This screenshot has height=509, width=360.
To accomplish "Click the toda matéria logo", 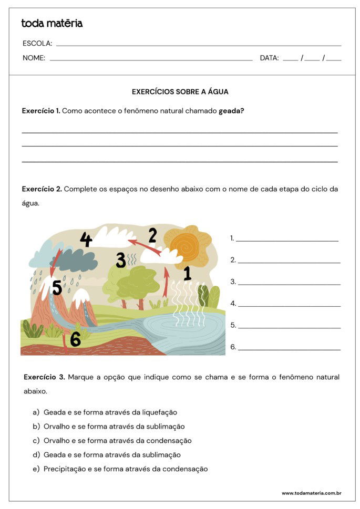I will (52, 23).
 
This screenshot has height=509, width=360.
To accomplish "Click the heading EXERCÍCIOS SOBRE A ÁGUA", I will (180, 91).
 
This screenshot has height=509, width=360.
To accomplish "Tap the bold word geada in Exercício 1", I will (231, 111).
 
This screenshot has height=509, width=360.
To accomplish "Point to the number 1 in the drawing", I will (187, 273).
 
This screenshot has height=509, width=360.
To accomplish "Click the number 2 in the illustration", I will (152, 235).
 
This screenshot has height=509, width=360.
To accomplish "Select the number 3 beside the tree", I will (121, 260).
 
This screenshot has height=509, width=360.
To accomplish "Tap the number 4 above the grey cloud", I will (86, 240).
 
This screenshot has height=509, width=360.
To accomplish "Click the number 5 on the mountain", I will (57, 288).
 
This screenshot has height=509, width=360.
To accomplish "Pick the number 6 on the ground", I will (76, 339).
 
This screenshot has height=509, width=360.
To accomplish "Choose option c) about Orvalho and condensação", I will (117, 441).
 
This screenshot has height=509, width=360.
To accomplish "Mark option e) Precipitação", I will (126, 469).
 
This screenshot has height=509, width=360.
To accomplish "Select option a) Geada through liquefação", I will (110, 412).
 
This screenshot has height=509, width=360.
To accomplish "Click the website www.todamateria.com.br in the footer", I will (312, 493).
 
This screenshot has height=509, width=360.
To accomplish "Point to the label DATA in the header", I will (269, 58).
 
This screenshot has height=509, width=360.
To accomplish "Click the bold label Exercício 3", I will (44, 377).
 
